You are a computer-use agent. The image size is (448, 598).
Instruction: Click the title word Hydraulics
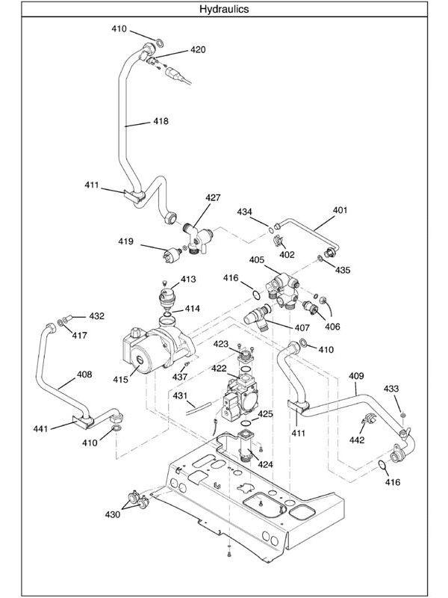pyautogui.click(x=224, y=10)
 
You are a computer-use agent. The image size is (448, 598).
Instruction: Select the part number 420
pyautogui.click(x=197, y=50)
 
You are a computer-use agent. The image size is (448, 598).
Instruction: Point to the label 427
pyautogui.click(x=214, y=198)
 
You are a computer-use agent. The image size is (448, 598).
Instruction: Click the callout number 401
pyautogui.click(x=340, y=210)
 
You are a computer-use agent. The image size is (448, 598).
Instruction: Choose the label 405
pyautogui.click(x=256, y=260)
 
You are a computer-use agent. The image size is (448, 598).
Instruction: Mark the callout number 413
pyautogui.click(x=187, y=279)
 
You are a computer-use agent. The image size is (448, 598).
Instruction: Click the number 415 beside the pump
pyautogui.click(x=120, y=379)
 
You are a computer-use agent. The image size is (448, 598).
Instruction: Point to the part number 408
pyautogui.click(x=84, y=374)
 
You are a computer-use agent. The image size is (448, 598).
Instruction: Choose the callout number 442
pyautogui.click(x=357, y=440)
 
